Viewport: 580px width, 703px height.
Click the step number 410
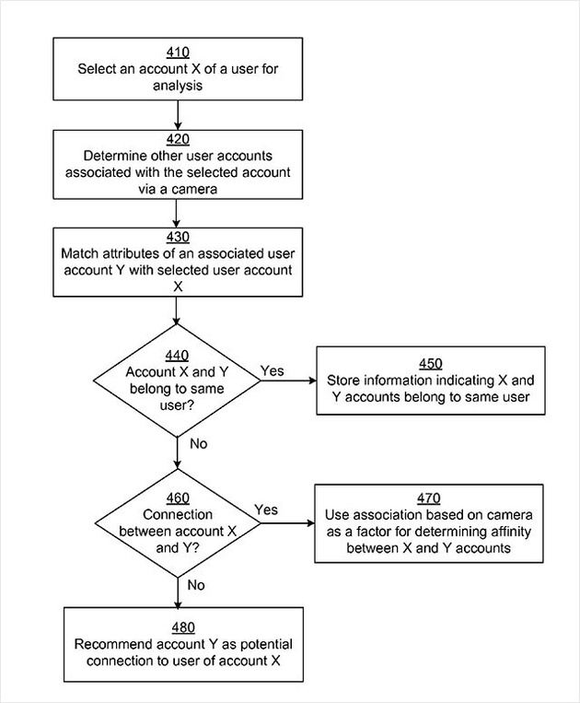pyautogui.click(x=178, y=53)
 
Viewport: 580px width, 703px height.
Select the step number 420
pyautogui.click(x=178, y=139)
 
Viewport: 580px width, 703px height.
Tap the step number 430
pyautogui.click(x=178, y=237)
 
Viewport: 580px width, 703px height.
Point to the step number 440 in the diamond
pyautogui.click(x=177, y=356)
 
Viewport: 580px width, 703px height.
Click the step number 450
pyautogui.click(x=431, y=364)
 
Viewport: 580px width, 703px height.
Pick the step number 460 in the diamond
pyautogui.click(x=178, y=498)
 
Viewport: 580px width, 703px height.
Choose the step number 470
pyautogui.click(x=429, y=498)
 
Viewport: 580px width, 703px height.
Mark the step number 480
pyautogui.click(x=183, y=627)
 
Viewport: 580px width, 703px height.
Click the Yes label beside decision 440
pyautogui.click(x=273, y=370)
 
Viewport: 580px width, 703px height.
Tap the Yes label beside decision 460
pyautogui.click(x=266, y=510)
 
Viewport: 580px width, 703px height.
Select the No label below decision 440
pyautogui.click(x=199, y=444)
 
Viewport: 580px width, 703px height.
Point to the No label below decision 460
pyautogui.click(x=196, y=585)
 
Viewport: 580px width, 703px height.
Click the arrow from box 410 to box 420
pyautogui.click(x=178, y=115)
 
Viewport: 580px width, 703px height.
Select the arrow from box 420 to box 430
pyautogui.click(x=176, y=214)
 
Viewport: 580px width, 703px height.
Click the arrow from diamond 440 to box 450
pyautogui.click(x=288, y=381)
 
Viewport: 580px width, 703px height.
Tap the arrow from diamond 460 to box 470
pyautogui.click(x=287, y=523)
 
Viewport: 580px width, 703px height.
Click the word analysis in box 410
pyautogui.click(x=178, y=86)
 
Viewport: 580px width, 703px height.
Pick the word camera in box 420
pyautogui.click(x=194, y=189)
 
